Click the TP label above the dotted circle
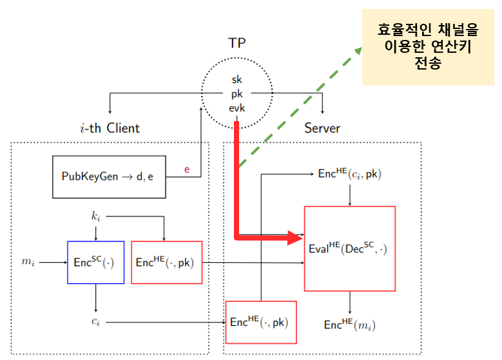click(x=237, y=43)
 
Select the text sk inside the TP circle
click(x=237, y=79)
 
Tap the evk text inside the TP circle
click(x=237, y=108)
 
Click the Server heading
click(x=322, y=128)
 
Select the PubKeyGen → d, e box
click(x=108, y=176)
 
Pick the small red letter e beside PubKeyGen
click(x=188, y=169)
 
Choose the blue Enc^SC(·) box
click(x=95, y=262)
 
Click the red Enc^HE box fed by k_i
click(x=166, y=262)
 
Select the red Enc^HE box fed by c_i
click(x=260, y=322)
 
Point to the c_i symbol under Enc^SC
click(x=95, y=320)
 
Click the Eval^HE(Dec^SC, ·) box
click(x=349, y=248)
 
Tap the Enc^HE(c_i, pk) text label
click(x=350, y=174)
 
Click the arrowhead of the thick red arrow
click(x=298, y=237)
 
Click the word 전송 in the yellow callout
click(x=429, y=64)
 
